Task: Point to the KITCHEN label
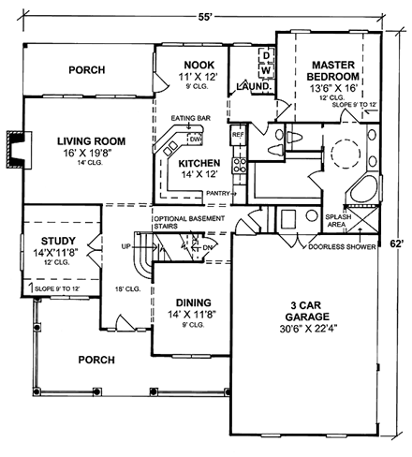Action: click(199, 161)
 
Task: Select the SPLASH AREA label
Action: click(338, 221)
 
